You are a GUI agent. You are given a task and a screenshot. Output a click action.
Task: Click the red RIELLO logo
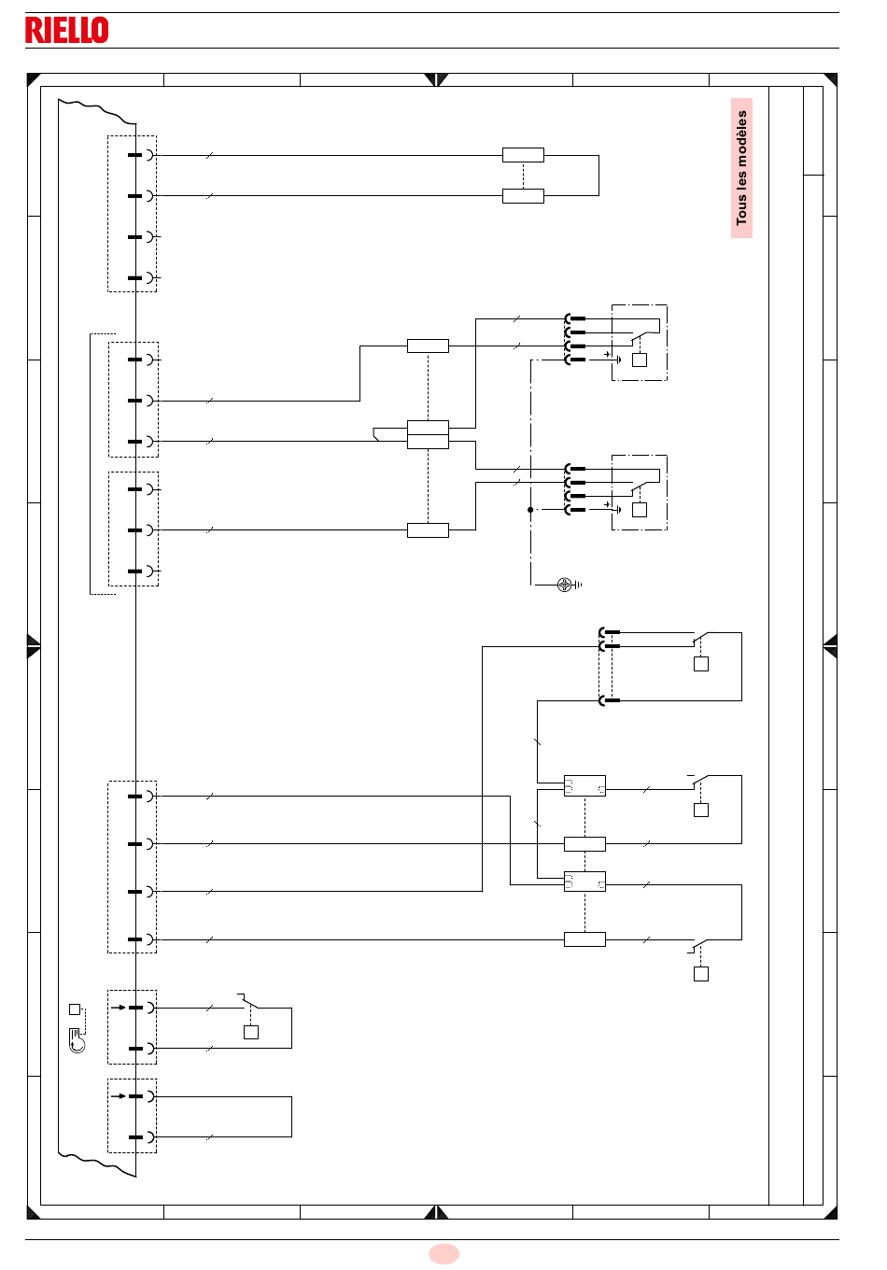pos(67,30)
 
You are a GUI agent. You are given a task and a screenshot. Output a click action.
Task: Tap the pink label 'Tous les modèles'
pos(741,168)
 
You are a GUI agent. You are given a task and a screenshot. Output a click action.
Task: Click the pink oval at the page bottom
pos(443,1253)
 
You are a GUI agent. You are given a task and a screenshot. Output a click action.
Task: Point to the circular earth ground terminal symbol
pos(565,585)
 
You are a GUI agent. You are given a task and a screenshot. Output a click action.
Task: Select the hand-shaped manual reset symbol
pos(77,1040)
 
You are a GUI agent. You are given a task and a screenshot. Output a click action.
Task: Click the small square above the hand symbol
pos(75,1009)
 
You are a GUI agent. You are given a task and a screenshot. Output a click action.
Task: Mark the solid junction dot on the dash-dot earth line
pos(530,510)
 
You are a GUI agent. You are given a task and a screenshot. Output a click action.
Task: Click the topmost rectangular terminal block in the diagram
pos(523,155)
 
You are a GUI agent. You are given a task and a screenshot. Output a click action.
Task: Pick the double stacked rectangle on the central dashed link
pos(428,435)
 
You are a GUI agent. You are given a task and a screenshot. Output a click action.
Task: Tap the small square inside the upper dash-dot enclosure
pos(640,360)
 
